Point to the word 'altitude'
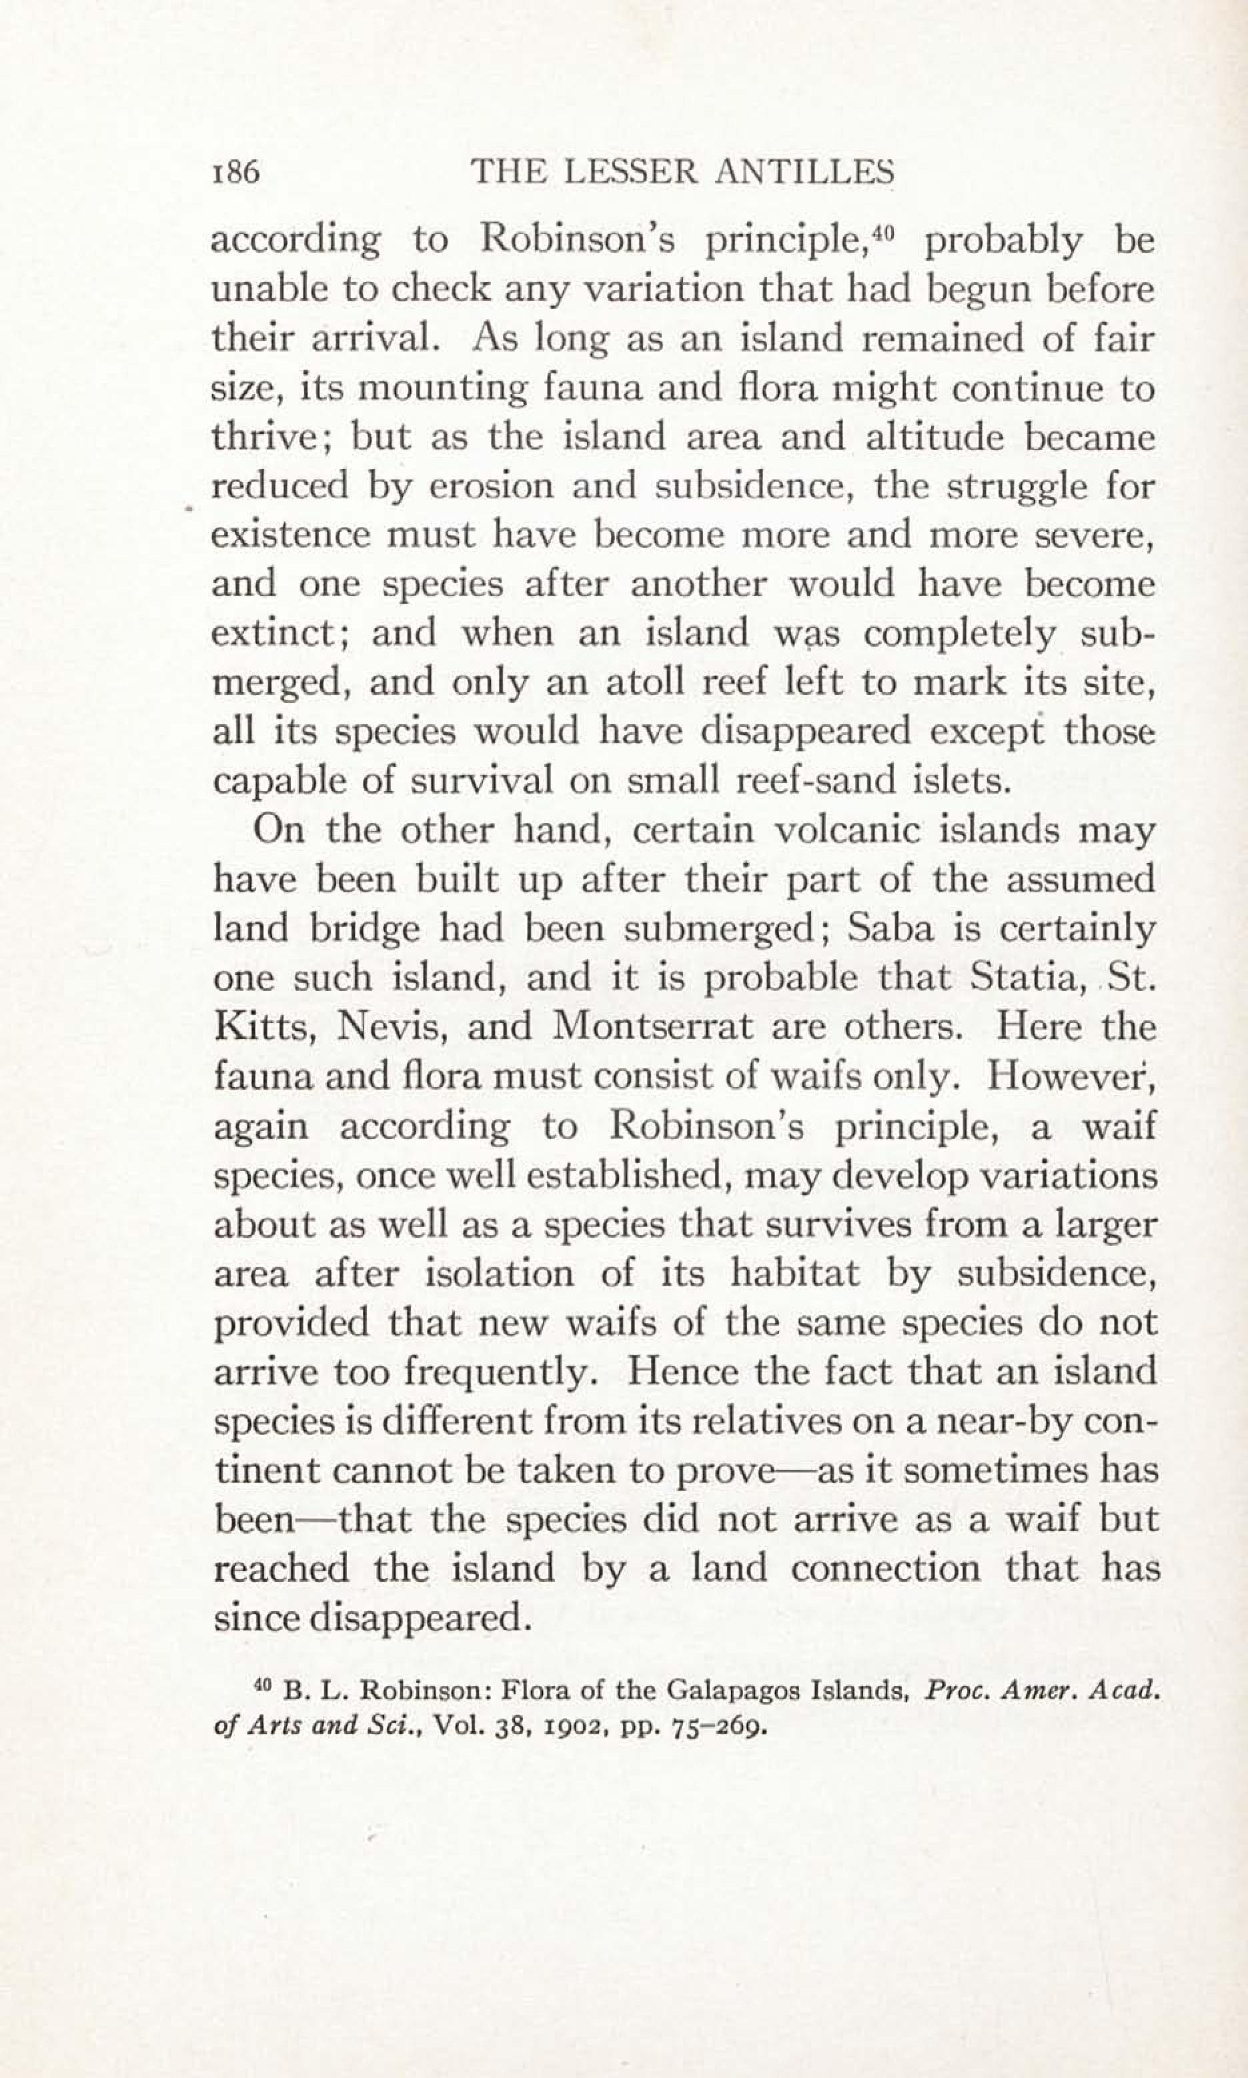pyautogui.click(x=934, y=438)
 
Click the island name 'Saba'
pyautogui.click(x=890, y=929)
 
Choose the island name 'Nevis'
pyautogui.click(x=385, y=1027)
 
